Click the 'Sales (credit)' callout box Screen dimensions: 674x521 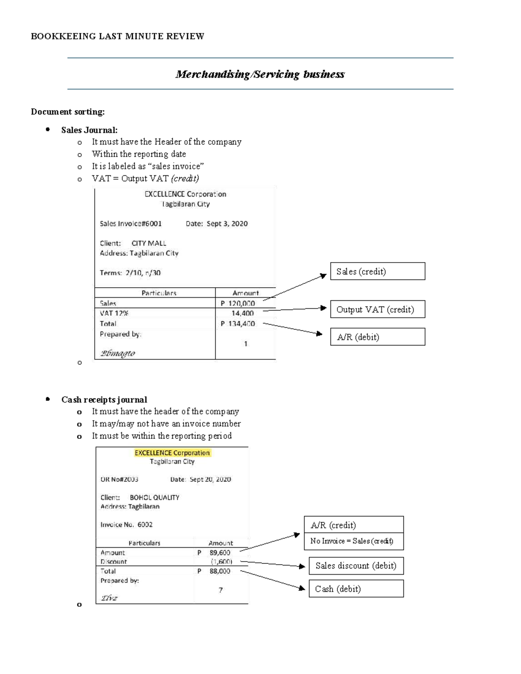[377, 271]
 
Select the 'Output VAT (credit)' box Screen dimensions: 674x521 [377, 309]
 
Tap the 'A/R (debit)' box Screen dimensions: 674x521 [377, 337]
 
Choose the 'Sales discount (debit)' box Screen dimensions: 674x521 [356, 566]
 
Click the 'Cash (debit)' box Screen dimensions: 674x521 [356, 589]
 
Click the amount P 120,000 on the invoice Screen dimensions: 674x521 [238, 303]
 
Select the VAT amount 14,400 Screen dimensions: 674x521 [242, 313]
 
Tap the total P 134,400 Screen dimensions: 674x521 [238, 324]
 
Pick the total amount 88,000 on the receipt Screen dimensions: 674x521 [220, 571]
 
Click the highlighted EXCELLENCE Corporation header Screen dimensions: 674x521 [172, 453]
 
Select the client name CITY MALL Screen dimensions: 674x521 [149, 243]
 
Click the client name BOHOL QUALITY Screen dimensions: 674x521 [155, 497]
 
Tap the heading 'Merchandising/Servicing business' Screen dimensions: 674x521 [260, 74]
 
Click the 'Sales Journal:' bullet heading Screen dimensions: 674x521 [89, 130]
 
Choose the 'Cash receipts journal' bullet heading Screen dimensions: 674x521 [104, 400]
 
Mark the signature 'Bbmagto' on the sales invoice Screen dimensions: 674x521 [118, 353]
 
